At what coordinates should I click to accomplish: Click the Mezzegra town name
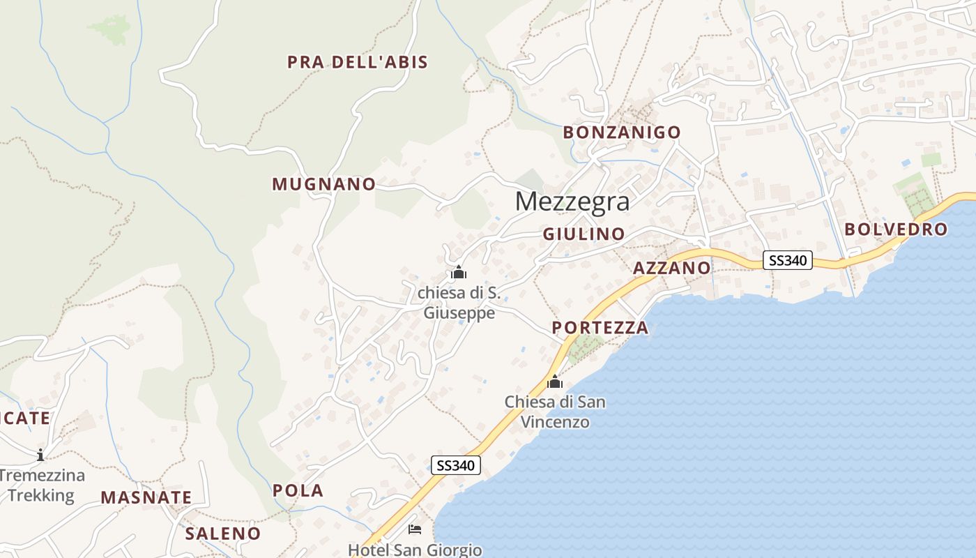tap(572, 202)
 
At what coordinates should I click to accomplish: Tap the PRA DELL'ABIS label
tap(358, 62)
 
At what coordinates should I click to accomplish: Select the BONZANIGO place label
tap(622, 132)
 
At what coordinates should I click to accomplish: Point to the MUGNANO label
tap(323, 184)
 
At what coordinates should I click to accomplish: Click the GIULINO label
tap(584, 234)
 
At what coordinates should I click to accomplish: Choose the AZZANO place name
tap(672, 269)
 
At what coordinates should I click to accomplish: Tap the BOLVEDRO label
tap(896, 229)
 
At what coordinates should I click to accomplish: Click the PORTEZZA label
tap(600, 328)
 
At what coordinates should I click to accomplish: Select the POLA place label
tap(298, 490)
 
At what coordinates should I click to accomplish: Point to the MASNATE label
tap(146, 497)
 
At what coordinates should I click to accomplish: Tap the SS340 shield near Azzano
tap(788, 260)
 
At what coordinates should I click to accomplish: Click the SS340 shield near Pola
tap(456, 465)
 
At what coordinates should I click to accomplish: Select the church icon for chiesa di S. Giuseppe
tap(458, 271)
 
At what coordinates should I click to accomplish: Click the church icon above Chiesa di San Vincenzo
tap(555, 382)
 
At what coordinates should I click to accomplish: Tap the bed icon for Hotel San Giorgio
tap(415, 529)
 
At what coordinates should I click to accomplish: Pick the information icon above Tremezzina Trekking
tap(40, 455)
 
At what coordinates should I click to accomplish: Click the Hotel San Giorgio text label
tap(415, 550)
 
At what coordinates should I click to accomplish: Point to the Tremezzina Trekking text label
tap(42, 485)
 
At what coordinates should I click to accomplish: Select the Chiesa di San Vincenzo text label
tap(555, 412)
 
